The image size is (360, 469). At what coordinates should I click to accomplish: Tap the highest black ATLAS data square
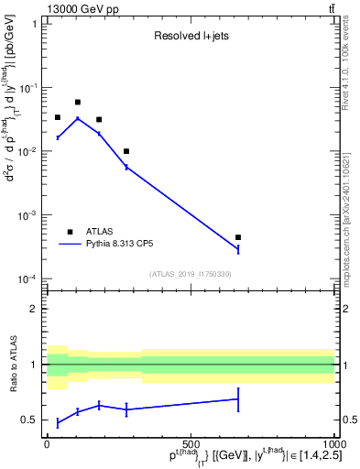click(78, 103)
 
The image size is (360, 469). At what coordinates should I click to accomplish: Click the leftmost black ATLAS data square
click(58, 117)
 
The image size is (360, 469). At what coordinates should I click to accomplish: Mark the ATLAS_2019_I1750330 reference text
click(191, 274)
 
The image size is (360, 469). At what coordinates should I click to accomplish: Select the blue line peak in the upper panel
click(78, 118)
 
